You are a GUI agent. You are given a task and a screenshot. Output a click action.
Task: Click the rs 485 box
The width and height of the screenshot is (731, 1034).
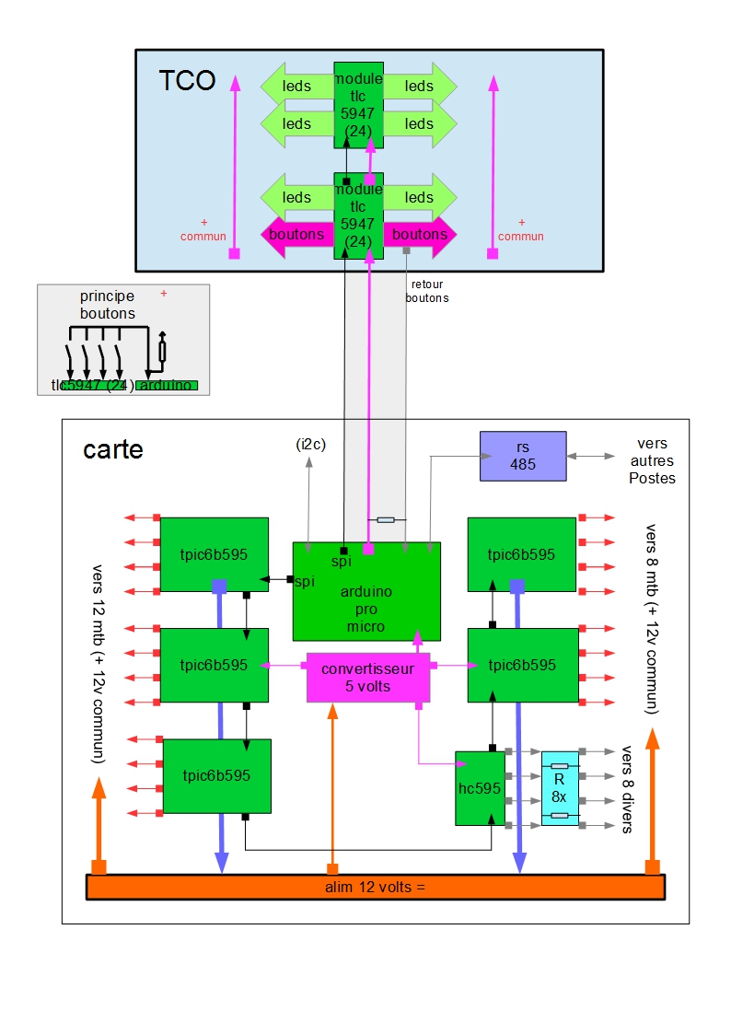[523, 456]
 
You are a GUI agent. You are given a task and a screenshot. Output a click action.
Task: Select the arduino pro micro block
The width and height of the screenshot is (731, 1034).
[366, 591]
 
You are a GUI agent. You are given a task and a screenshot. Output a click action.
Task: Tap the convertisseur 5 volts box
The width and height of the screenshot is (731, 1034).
[368, 678]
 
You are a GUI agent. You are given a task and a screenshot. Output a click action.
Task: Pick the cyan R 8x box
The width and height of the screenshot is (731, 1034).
[560, 788]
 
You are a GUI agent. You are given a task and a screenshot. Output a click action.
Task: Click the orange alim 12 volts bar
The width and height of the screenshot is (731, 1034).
[375, 887]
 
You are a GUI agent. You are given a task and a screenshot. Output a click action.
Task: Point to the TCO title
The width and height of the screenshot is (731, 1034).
[187, 81]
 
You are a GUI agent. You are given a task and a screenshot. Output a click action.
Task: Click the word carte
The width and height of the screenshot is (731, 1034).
[113, 449]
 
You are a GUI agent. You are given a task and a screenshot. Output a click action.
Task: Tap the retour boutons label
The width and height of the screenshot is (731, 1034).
[426, 292]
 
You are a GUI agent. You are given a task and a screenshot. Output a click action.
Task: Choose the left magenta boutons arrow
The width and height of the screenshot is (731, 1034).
[296, 234]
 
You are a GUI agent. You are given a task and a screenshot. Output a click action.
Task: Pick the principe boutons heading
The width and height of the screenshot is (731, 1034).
[107, 305]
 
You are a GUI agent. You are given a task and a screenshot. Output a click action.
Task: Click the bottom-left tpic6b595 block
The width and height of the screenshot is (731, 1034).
[217, 775]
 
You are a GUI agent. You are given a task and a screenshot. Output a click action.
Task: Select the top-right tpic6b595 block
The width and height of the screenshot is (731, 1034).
[522, 554]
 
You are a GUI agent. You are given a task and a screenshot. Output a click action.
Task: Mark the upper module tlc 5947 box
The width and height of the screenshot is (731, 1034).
[358, 104]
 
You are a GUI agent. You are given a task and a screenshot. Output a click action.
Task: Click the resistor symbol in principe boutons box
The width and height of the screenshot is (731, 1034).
[163, 351]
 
